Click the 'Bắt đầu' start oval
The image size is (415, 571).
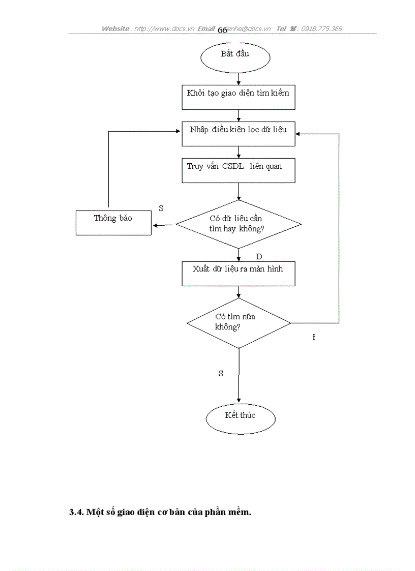tap(235, 57)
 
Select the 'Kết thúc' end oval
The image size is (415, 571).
tap(241, 418)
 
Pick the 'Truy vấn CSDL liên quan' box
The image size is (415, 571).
tap(239, 170)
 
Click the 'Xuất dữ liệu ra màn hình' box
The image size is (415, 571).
tap(239, 273)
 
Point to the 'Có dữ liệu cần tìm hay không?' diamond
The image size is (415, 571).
tap(238, 224)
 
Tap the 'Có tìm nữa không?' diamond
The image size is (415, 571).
tap(238, 322)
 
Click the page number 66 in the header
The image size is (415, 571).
tap(222, 30)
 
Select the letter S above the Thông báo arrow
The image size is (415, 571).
tap(161, 208)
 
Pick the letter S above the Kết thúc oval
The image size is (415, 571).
tap(221, 373)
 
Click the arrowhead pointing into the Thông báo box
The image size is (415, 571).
tap(155, 225)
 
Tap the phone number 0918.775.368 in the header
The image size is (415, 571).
tap(321, 28)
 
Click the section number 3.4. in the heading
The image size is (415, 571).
tap(77, 512)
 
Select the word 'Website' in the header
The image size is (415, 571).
tap(115, 28)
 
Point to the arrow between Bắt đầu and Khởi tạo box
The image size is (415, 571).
tap(239, 78)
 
